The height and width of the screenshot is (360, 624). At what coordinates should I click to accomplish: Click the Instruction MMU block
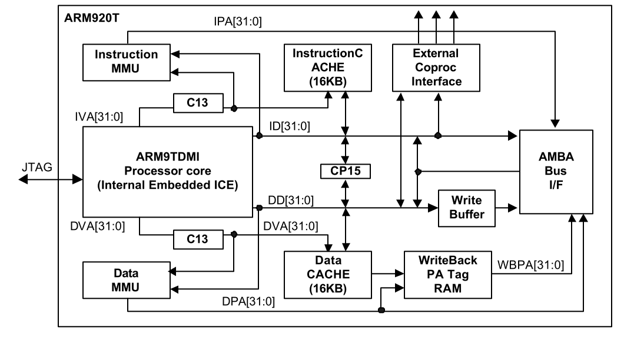coord(127,62)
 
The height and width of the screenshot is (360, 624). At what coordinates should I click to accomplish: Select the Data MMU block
coord(127,281)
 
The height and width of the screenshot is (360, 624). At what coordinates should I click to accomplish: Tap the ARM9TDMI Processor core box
coord(168,173)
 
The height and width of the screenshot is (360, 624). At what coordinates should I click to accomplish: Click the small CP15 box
coord(345,171)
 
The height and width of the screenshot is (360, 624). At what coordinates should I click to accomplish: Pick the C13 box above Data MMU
coord(198,240)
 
